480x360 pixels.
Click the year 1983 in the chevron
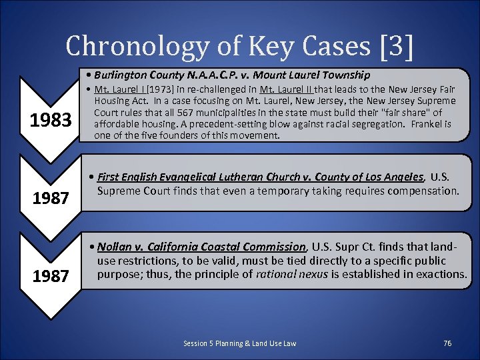pos(51,120)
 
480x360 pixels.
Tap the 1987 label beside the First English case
pos(51,198)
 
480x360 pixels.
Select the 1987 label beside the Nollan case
pos(51,275)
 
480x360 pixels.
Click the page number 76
pos(447,343)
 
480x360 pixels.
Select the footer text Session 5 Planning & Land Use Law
pos(239,343)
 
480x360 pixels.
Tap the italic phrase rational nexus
pos(289,273)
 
